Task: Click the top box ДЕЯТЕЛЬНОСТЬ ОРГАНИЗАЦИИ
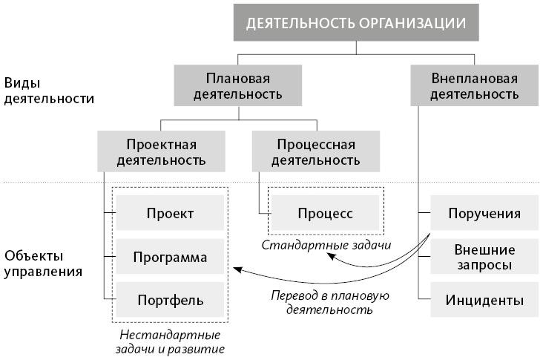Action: click(356, 23)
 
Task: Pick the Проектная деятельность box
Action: click(162, 151)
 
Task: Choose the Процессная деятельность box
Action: click(316, 151)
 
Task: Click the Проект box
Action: click(170, 214)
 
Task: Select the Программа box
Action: click(170, 258)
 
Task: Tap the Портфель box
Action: click(170, 301)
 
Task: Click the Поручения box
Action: click(484, 214)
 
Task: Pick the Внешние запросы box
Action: click(484, 257)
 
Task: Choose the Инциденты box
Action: click(484, 301)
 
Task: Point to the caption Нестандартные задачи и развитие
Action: click(170, 341)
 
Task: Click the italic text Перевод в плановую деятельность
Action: click(329, 302)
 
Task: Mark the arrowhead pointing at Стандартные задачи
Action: click(330, 258)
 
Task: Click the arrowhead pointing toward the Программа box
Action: click(235, 269)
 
